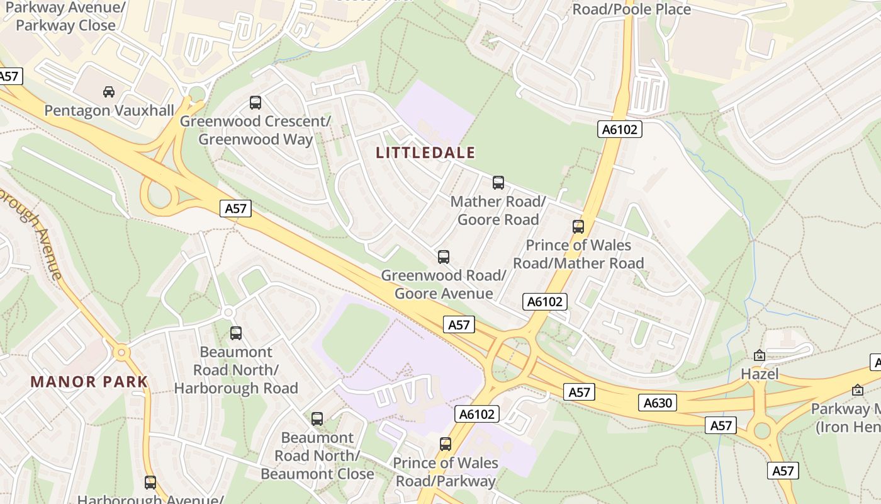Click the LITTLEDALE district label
pos(425,152)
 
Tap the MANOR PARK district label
pos(89,382)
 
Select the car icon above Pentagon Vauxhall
pos(109,92)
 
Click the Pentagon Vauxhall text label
pos(109,111)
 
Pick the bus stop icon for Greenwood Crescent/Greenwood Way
pos(255,102)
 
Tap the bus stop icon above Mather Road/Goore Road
pos(498,183)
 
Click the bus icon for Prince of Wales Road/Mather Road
pos(578,227)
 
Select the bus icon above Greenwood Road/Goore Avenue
pos(444,257)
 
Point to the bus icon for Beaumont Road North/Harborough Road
pos(236,333)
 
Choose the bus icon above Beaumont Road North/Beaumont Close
pos(317,419)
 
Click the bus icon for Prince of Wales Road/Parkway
pos(446,444)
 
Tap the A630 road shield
pos(658,403)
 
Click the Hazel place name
pos(760,374)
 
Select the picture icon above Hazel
pos(760,356)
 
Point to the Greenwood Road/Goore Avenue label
pos(444,285)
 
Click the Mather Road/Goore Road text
pos(498,210)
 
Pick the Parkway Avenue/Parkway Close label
pos(66,17)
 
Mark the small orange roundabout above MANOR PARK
pos(121,352)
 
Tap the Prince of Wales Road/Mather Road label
pos(578,254)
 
